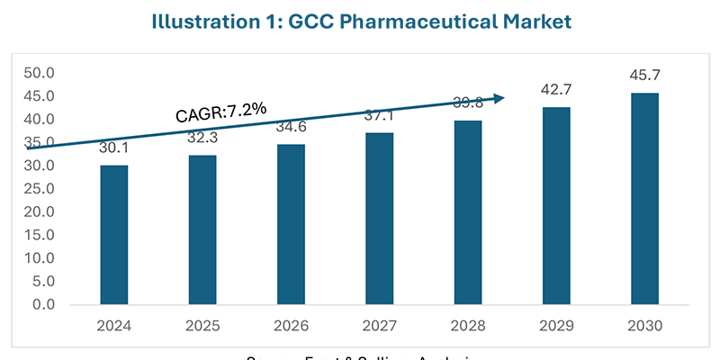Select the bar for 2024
click(113, 235)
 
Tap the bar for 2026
click(291, 224)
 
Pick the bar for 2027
click(379, 219)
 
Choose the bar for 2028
click(467, 212)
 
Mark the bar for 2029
click(555, 206)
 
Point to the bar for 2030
click(643, 199)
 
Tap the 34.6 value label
click(291, 127)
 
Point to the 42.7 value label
click(555, 90)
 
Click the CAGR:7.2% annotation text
click(220, 112)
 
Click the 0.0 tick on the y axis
click(45, 304)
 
